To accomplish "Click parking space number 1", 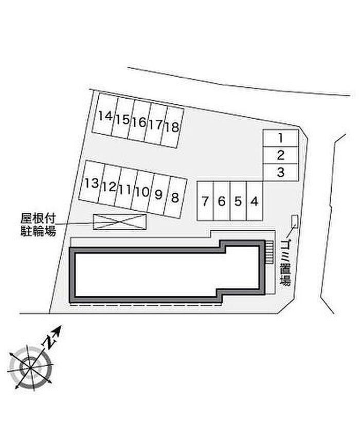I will click(x=280, y=138).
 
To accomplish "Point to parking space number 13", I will click(x=92, y=183).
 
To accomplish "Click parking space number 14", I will click(x=105, y=116).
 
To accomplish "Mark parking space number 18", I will click(x=173, y=126).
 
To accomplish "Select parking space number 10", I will click(x=142, y=192).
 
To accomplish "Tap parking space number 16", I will click(x=138, y=122).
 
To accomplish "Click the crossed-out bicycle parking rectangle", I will click(x=119, y=222).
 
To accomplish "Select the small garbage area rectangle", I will click(x=294, y=221).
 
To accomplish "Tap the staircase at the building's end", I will click(x=268, y=252).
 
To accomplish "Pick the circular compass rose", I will click(x=30, y=366).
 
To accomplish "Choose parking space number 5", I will click(x=238, y=201).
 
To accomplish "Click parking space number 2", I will click(x=280, y=155).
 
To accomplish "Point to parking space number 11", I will click(x=124, y=189).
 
